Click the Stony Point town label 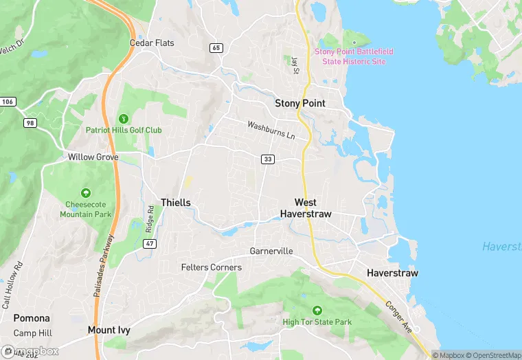[x=299, y=103]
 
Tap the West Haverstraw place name [x=306, y=208]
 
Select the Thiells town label [x=175, y=202]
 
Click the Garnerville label [x=271, y=251]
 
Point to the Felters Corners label [x=211, y=267]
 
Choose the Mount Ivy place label [x=109, y=330]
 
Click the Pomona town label [x=32, y=318]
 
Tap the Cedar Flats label [x=152, y=43]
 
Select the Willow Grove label [x=93, y=157]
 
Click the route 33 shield [x=268, y=159]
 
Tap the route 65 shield [x=216, y=47]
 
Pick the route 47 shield [x=150, y=243]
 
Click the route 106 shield [x=7, y=102]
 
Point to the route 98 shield [x=30, y=122]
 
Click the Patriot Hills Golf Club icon [x=124, y=118]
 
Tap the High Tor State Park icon [x=317, y=311]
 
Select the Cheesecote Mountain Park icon [x=86, y=193]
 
